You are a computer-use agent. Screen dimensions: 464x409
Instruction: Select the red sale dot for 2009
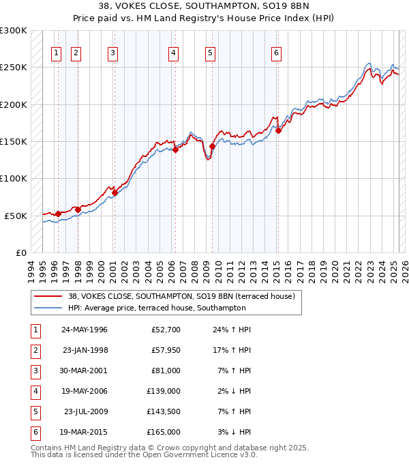[212, 146]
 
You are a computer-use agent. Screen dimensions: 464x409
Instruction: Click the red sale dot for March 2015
[278, 130]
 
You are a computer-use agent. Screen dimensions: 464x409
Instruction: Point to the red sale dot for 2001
[115, 192]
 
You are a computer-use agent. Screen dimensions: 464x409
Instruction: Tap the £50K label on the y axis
[16, 216]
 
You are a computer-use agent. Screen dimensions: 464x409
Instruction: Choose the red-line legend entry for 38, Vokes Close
[181, 296]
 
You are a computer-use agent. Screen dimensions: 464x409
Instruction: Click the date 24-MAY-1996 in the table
[85, 330]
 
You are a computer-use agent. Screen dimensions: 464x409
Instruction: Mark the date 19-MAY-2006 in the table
[85, 391]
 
